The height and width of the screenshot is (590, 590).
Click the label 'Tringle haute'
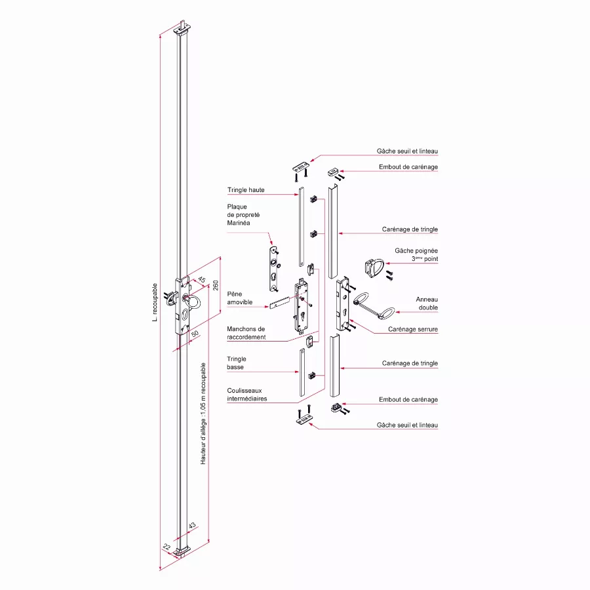(246, 190)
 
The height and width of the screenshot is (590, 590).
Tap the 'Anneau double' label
(427, 303)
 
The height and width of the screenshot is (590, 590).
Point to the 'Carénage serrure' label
(413, 329)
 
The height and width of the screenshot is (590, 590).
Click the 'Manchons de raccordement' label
(246, 333)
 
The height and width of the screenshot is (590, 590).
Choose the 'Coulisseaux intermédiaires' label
(247, 395)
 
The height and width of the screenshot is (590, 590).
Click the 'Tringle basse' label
(237, 363)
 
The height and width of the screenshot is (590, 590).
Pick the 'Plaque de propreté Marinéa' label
(241, 215)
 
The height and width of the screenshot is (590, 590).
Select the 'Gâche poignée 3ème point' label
(416, 255)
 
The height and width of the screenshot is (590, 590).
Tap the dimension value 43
(192, 526)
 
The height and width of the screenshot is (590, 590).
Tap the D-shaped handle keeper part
(374, 267)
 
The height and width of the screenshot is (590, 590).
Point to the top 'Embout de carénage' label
(408, 167)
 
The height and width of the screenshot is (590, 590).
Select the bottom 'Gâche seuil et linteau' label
(408, 425)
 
